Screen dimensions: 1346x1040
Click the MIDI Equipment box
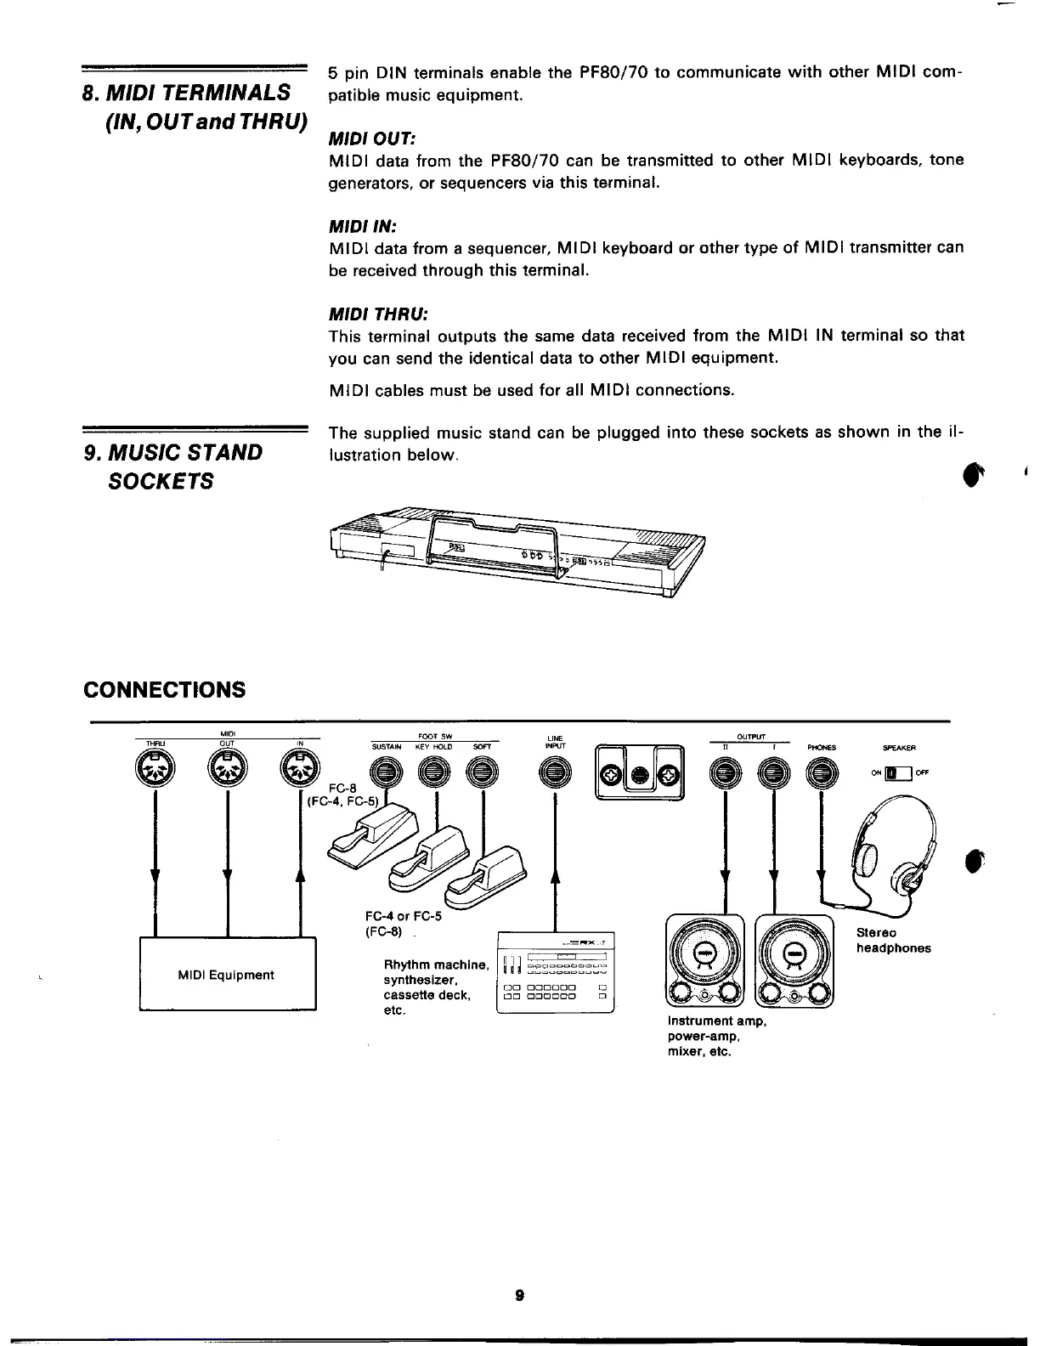pos(227,974)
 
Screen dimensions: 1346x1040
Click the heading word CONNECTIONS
pos(164,689)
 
